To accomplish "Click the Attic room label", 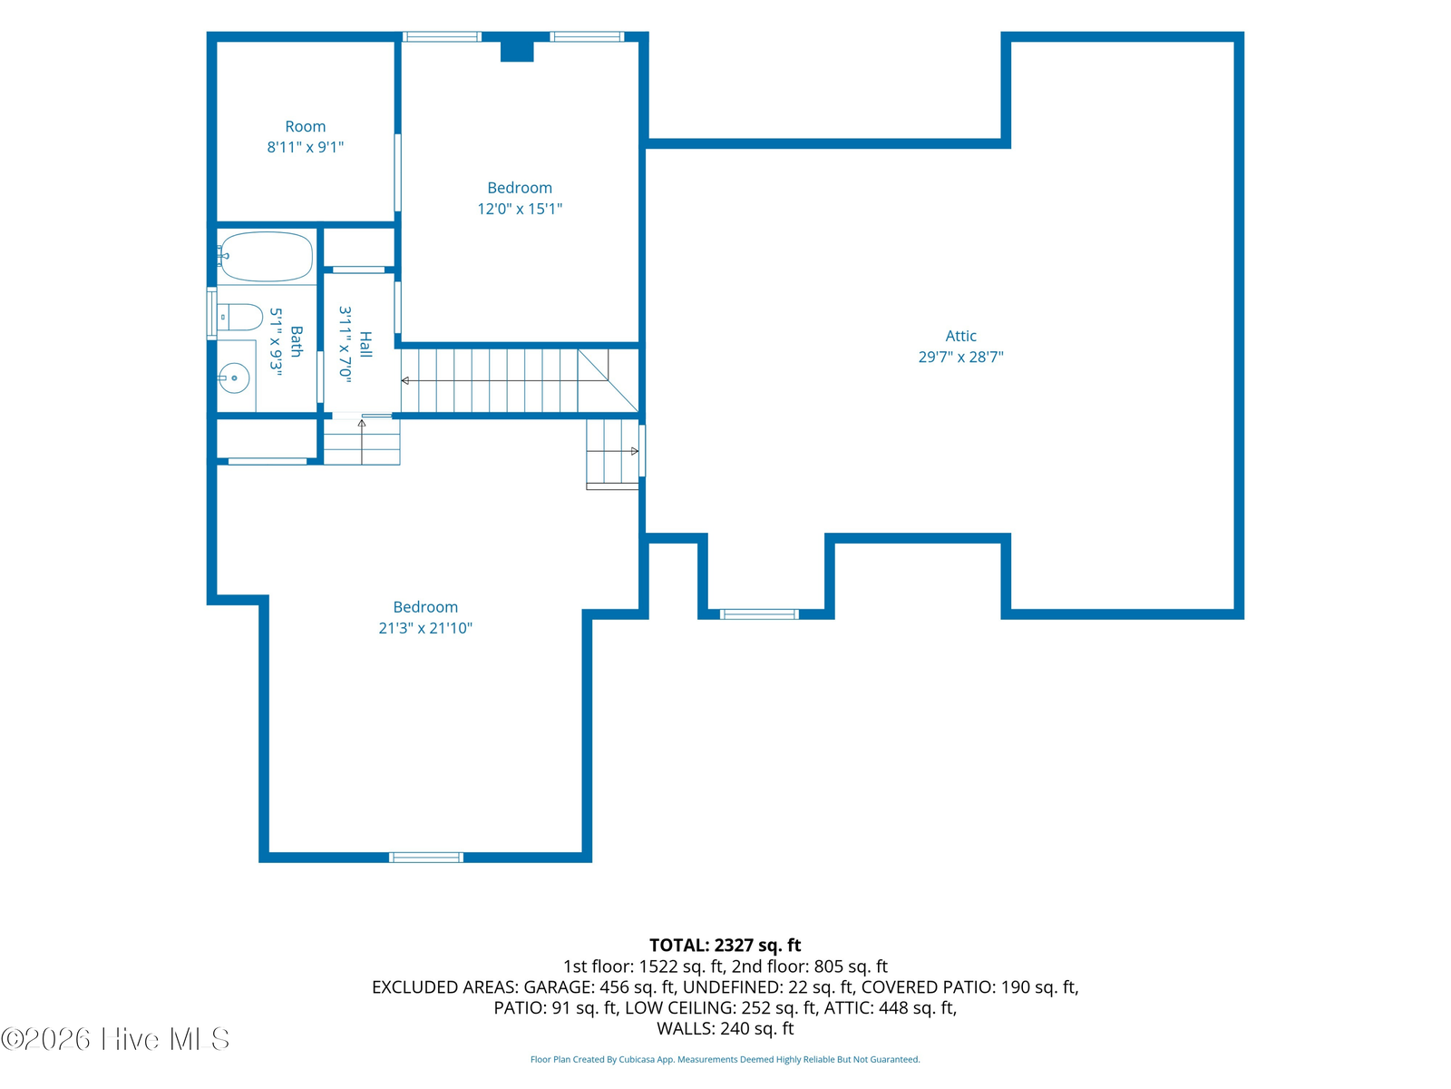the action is point(959,336).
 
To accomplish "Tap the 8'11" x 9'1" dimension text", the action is point(306,147).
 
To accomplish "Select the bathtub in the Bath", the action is point(266,257).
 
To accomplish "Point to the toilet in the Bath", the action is point(240,318).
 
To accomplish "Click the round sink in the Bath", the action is point(234,378).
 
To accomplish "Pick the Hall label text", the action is point(365,344).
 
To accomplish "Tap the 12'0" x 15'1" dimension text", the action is point(520,209).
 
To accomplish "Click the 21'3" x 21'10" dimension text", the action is point(425,628).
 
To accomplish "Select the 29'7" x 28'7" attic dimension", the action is point(960,357).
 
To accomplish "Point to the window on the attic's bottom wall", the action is point(759,614).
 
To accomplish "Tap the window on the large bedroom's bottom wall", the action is point(425,858).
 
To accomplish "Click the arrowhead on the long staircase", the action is point(405,381).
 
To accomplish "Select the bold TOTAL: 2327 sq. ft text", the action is point(725,945).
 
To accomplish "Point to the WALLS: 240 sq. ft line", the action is point(725,1029).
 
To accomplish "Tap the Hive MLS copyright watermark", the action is point(115,1039).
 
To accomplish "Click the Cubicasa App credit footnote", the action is point(725,1059).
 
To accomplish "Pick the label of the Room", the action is point(306,126).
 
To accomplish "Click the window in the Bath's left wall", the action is point(211,313).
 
